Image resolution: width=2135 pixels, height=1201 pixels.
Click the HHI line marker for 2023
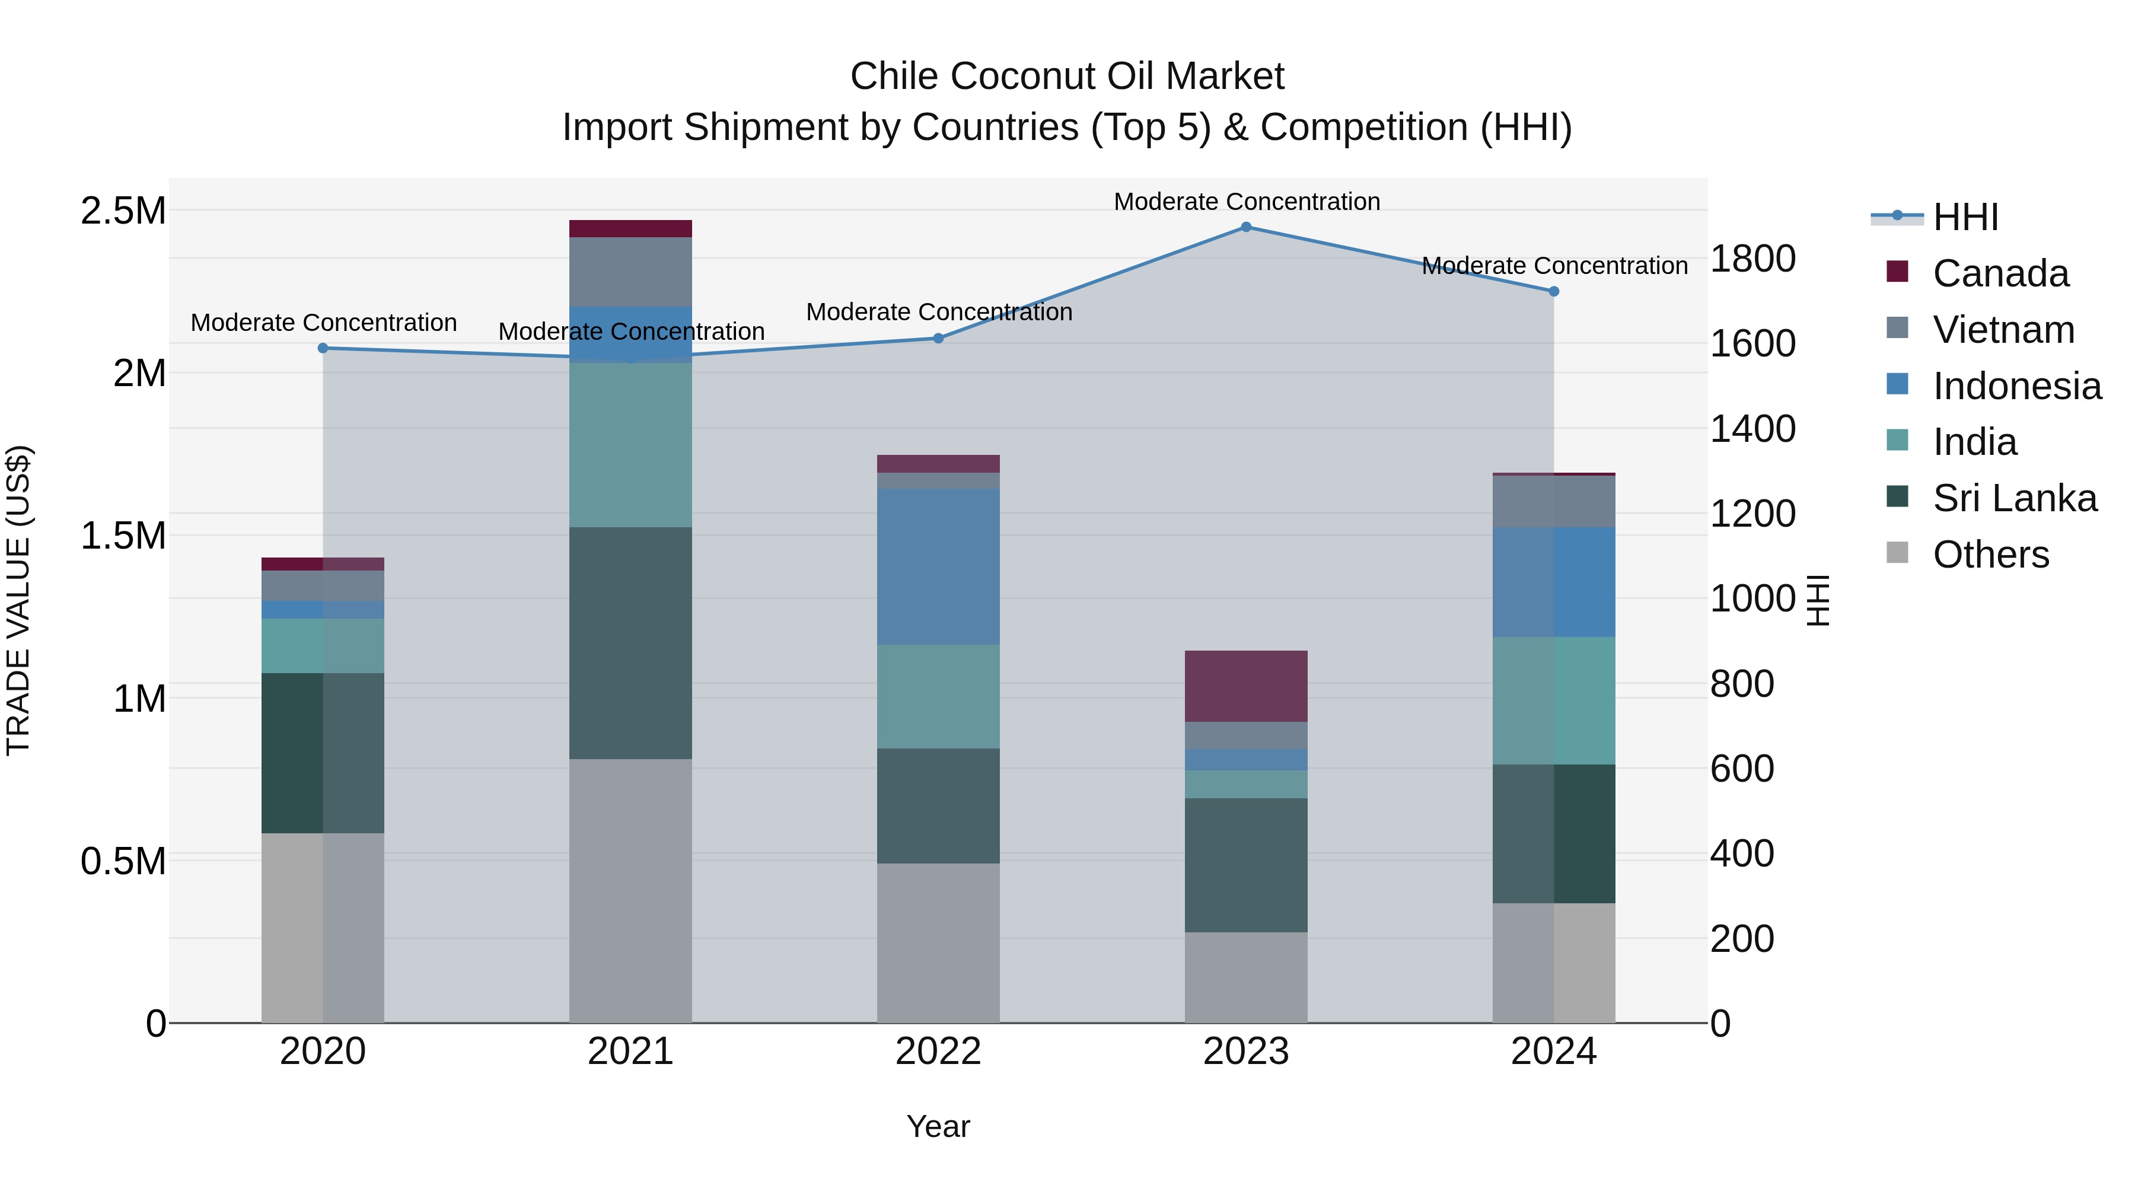pyautogui.click(x=1245, y=227)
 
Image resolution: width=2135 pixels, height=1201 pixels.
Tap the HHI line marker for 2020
pyautogui.click(x=323, y=348)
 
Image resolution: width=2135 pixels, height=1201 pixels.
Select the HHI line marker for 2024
pyautogui.click(x=1554, y=292)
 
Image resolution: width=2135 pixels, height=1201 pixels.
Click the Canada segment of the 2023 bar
pyautogui.click(x=1245, y=686)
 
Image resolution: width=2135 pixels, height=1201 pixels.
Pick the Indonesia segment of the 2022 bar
pyautogui.click(x=938, y=566)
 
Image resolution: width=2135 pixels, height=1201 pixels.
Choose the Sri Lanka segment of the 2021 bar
pyautogui.click(x=631, y=643)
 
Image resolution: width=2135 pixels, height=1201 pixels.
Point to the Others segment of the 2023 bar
pyautogui.click(x=1245, y=977)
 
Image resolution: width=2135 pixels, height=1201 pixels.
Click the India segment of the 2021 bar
pyautogui.click(x=631, y=445)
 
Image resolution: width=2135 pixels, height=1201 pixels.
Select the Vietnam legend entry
pyautogui.click(x=2003, y=330)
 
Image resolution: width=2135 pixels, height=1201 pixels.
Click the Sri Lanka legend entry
pyautogui.click(x=2014, y=498)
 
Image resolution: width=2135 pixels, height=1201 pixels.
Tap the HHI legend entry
pyautogui.click(x=1965, y=217)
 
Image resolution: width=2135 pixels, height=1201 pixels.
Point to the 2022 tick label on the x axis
pyautogui.click(x=938, y=1052)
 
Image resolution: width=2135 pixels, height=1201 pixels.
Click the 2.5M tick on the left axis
pyautogui.click(x=123, y=211)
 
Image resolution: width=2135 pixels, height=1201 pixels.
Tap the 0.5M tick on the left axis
pyautogui.click(x=123, y=861)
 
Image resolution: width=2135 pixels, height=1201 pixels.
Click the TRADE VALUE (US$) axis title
pyautogui.click(x=19, y=600)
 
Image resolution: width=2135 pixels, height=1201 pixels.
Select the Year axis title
pyautogui.click(x=938, y=1126)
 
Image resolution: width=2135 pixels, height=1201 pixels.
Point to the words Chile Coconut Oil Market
pyautogui.click(x=1067, y=77)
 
